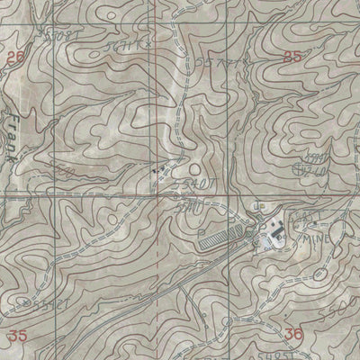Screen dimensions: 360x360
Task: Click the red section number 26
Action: pyautogui.click(x=12, y=56)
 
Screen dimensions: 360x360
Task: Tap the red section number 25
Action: pyautogui.click(x=291, y=56)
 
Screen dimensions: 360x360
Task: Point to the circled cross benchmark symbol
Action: pyautogui.click(x=301, y=167)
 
